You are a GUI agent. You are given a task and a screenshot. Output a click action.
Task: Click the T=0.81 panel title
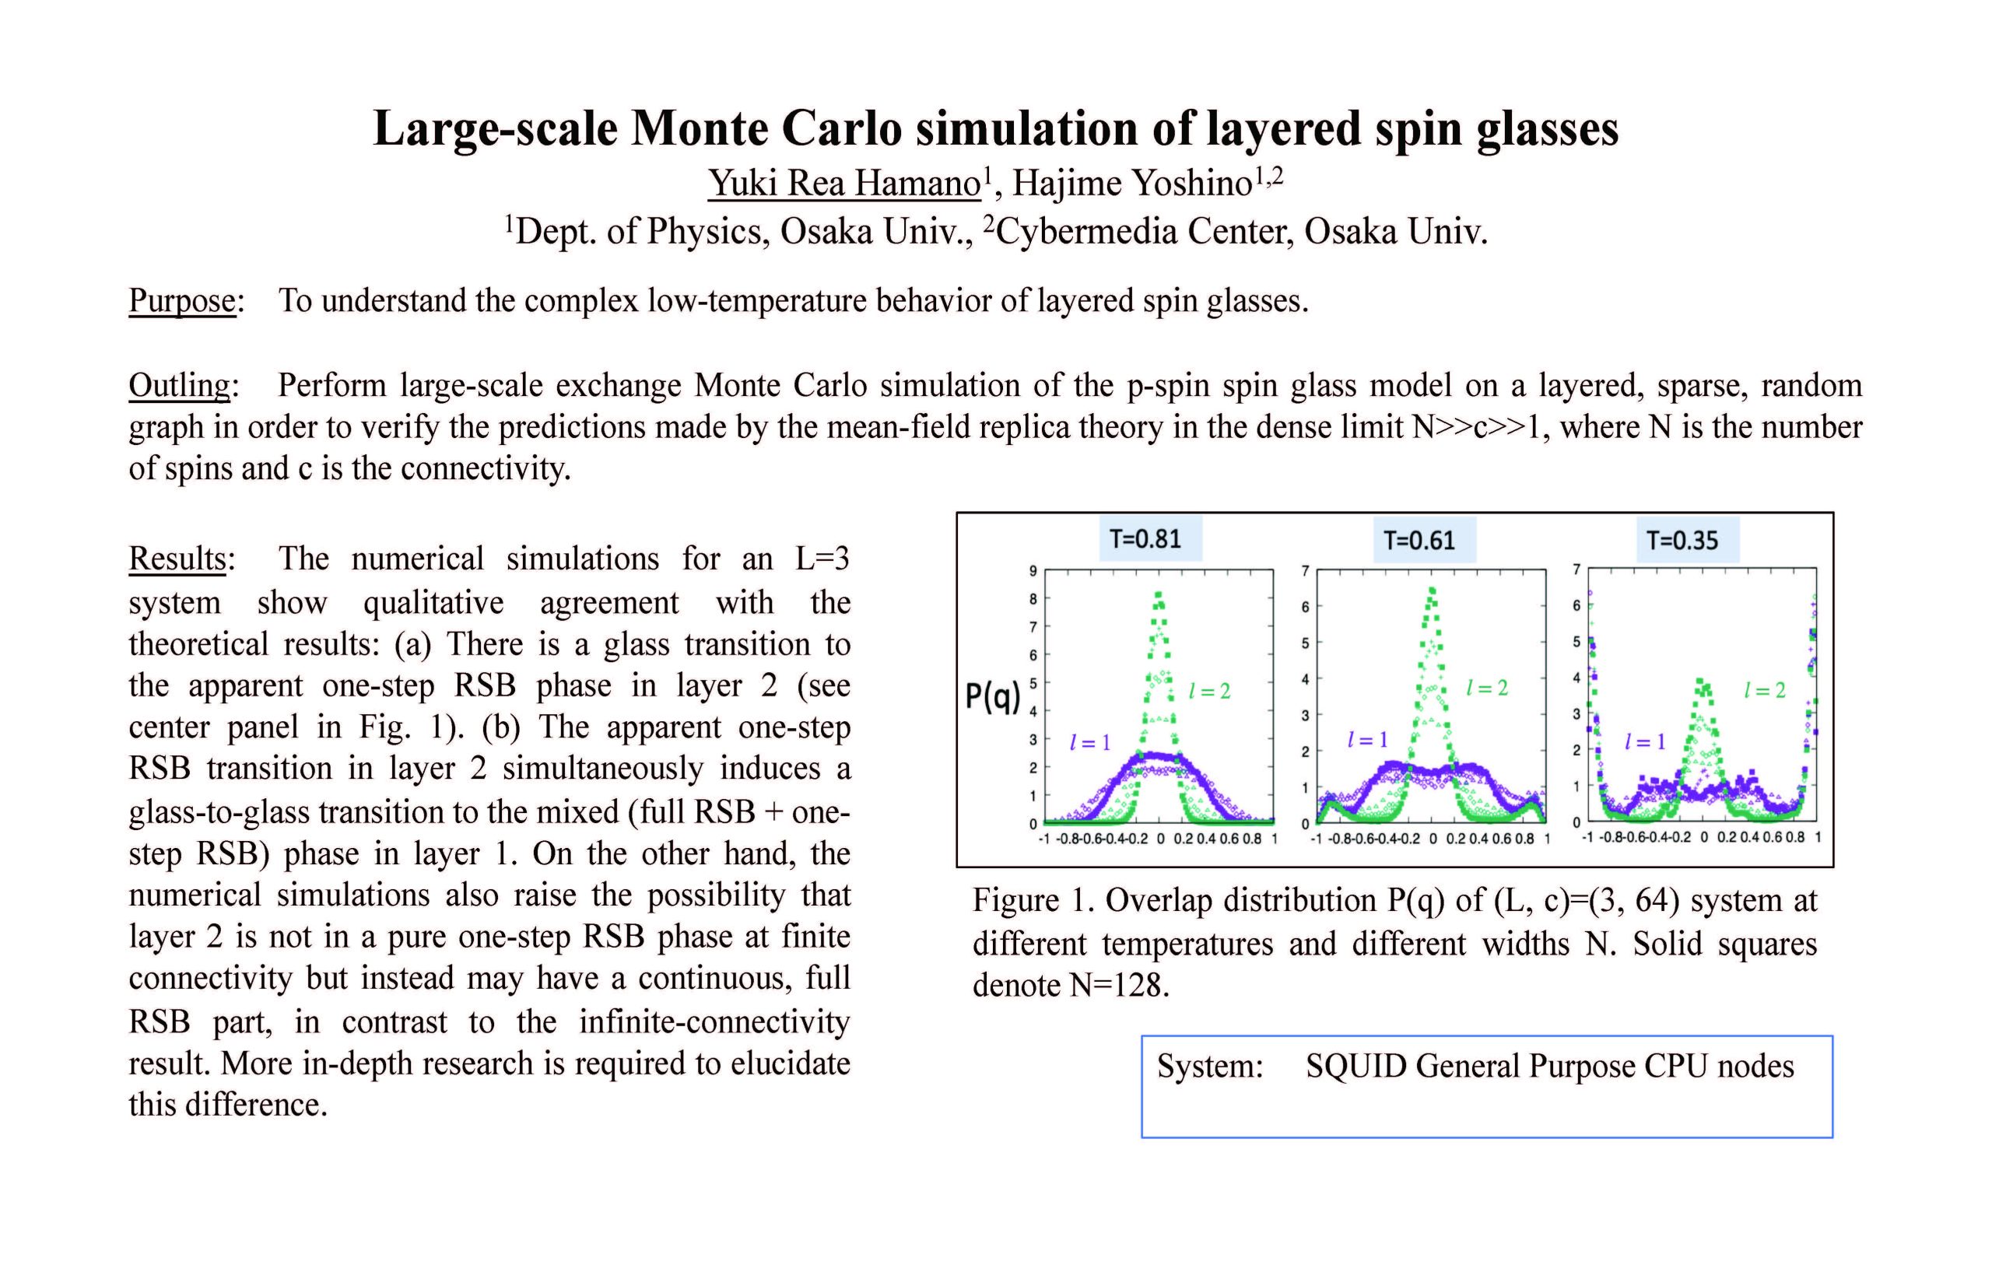coord(1145,539)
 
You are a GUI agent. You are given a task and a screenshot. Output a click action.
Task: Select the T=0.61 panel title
coord(1419,541)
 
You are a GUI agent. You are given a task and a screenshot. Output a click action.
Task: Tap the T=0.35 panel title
coord(1682,541)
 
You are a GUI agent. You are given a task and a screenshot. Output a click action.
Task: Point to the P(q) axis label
coord(993,696)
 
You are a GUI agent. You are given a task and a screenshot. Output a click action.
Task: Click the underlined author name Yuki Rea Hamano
coord(843,183)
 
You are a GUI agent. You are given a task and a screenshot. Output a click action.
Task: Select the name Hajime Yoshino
coord(1131,183)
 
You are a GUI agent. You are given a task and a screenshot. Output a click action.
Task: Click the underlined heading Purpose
coord(182,300)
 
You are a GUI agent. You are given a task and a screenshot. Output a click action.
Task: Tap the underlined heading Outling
coord(179,385)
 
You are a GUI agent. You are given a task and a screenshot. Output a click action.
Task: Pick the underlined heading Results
coord(177,559)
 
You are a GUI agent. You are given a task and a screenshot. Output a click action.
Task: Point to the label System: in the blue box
coord(1209,1066)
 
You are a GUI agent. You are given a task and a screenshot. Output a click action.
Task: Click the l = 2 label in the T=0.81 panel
coord(1208,692)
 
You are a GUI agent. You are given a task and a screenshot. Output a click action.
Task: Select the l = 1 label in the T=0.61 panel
coord(1366,739)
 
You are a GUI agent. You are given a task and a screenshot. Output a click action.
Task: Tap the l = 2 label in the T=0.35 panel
coord(1764,691)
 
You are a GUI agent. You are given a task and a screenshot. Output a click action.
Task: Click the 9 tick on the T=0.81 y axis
coord(1033,571)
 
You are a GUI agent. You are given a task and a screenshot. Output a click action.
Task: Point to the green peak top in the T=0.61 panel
coord(1431,590)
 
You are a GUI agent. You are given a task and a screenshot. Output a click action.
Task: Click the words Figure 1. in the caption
coord(1031,901)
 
